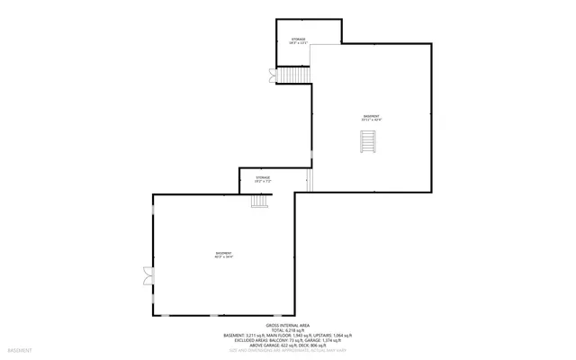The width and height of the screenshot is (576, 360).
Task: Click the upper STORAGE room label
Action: tap(298, 39)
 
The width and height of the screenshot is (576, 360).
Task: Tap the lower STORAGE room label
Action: tap(262, 177)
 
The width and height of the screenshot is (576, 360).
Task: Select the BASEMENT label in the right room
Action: tap(371, 115)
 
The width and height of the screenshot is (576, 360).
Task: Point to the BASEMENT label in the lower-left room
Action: tap(223, 253)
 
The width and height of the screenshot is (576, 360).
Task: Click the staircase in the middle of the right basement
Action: tap(366, 142)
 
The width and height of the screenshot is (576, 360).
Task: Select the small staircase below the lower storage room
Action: tap(260, 202)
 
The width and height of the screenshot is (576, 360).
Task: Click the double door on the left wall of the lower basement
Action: tap(148, 274)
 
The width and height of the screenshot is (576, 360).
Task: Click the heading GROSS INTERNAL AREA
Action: tap(287, 325)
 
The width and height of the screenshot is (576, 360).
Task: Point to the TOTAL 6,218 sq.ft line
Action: tap(287, 330)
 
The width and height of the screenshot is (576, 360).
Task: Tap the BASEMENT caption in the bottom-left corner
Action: tap(20, 349)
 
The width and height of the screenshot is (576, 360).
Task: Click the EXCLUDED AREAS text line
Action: tap(287, 340)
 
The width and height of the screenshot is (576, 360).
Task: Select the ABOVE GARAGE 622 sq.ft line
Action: tap(287, 346)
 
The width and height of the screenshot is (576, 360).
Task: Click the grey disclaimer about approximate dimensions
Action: tap(287, 351)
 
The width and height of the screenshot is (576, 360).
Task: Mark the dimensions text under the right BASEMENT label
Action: tap(371, 120)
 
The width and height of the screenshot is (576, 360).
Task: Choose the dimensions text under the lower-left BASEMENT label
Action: tap(223, 257)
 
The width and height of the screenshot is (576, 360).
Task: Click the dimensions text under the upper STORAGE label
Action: tap(298, 43)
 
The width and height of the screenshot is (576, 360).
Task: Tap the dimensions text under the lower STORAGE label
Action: tap(262, 182)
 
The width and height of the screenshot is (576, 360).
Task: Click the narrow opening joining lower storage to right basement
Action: tap(309, 181)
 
